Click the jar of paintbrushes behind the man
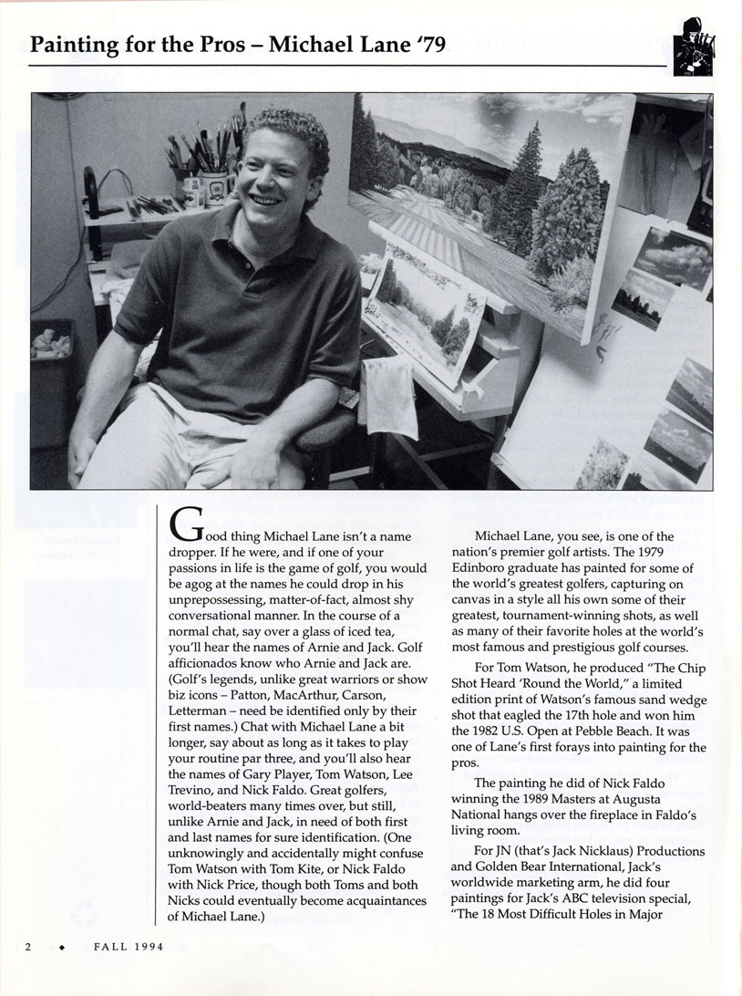pyautogui.click(x=209, y=182)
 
